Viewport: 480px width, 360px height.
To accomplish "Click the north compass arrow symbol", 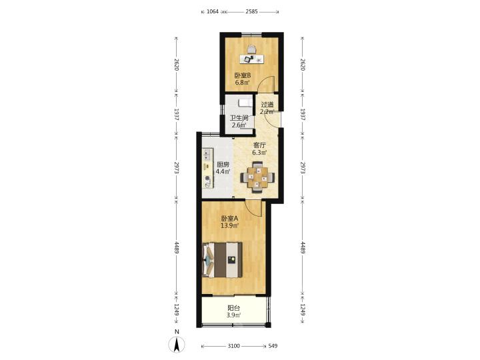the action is (177, 345).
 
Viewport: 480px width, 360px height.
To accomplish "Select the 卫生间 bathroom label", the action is (239, 118).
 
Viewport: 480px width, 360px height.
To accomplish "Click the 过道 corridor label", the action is (267, 105).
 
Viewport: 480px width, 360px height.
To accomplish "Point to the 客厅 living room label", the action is (259, 145).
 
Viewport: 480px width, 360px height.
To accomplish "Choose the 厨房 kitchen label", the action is (223, 165).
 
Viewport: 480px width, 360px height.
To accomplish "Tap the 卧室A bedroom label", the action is (229, 219).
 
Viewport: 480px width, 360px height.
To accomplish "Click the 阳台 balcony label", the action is (234, 308).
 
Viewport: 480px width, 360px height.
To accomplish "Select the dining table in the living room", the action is (257, 177).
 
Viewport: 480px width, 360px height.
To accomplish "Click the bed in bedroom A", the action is (223, 260).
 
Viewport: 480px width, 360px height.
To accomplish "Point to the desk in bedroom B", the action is (251, 59).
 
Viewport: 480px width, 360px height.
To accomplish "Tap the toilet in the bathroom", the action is (245, 103).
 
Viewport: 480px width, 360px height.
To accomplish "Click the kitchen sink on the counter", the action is (208, 155).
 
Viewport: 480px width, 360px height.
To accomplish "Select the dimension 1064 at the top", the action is (213, 12).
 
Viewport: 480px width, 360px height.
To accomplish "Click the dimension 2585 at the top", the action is (251, 12).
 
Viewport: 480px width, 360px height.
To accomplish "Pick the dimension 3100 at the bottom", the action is (233, 346).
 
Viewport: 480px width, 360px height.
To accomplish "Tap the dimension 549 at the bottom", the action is (273, 346).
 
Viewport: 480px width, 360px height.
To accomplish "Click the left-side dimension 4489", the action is (176, 247).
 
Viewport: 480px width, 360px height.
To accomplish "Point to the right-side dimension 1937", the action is (303, 114).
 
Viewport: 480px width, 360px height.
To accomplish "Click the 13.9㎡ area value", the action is (230, 226).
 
